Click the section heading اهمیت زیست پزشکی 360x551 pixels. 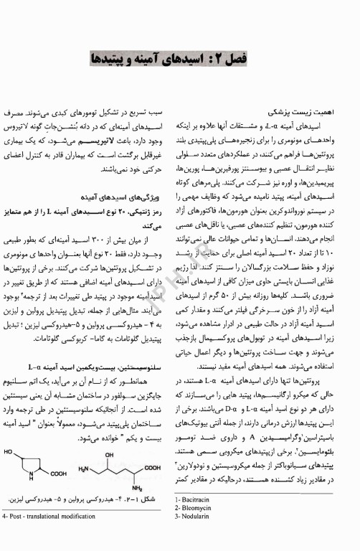[x=291, y=113]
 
